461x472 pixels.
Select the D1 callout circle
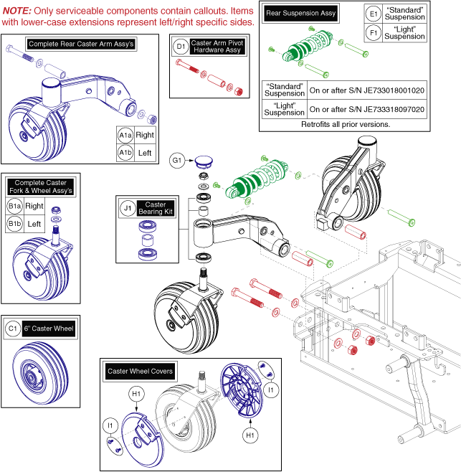click(182, 48)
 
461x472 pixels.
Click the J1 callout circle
click(128, 209)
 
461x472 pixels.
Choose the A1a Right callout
click(125, 135)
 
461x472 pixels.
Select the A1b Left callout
click(125, 152)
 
